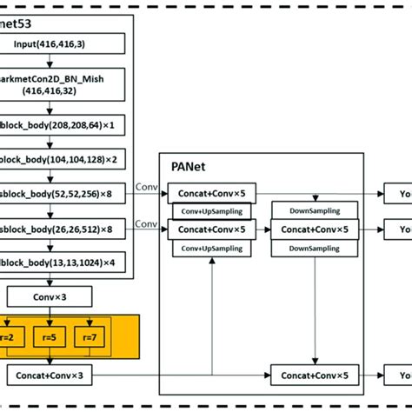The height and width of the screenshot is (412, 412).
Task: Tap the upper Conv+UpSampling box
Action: point(211,212)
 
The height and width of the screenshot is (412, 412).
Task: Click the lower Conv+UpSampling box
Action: point(211,248)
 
